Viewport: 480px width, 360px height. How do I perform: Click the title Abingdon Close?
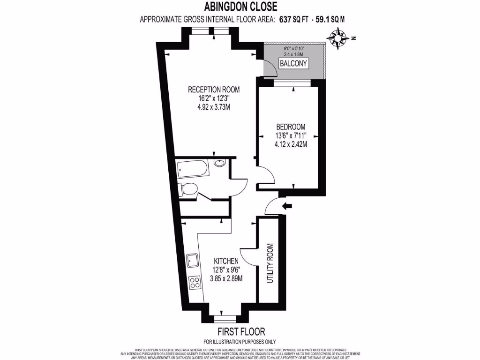(x=240, y=6)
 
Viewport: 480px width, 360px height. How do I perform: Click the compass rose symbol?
(x=339, y=37)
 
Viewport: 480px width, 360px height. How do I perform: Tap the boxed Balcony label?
(x=293, y=63)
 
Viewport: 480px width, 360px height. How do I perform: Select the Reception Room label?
(x=214, y=90)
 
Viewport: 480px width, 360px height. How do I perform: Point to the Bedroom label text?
(x=291, y=127)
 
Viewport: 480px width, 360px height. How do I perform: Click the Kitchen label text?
(x=227, y=261)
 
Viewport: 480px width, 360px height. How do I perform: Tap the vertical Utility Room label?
(x=270, y=263)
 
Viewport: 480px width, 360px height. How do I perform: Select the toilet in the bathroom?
(x=188, y=189)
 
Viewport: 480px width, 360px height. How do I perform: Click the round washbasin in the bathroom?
(x=219, y=163)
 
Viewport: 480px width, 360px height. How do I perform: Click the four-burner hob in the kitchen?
(x=193, y=282)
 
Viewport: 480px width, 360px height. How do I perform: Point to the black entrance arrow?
(x=287, y=205)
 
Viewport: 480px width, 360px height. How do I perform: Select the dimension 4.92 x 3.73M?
(x=214, y=107)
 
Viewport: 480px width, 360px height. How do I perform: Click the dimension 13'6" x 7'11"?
(x=291, y=136)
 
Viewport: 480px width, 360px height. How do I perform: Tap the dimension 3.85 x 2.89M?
(x=227, y=278)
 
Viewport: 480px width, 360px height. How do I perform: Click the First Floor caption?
(x=240, y=331)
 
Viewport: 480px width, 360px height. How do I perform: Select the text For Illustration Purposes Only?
(x=240, y=341)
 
